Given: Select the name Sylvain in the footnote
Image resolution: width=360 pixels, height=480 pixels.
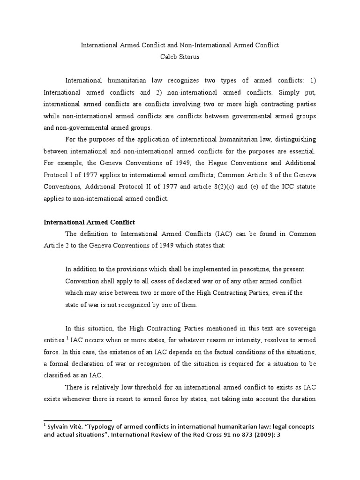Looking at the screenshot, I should [x=60, y=427].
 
